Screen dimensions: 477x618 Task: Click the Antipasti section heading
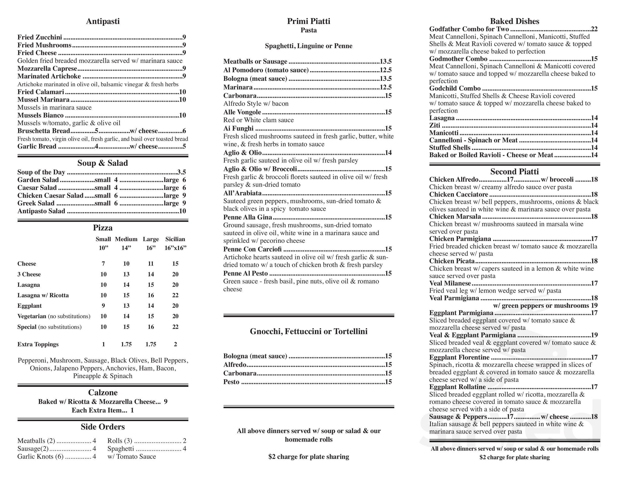pos(103,21)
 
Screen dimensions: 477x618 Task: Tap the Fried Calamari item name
pos(41,92)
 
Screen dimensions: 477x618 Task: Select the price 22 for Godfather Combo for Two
pos(594,29)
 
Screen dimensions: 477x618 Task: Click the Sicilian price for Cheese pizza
pos(175,264)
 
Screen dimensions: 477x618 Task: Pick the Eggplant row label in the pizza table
pos(29,306)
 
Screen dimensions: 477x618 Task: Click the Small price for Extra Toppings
pos(103,344)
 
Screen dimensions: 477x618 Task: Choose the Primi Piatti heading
pos(309,21)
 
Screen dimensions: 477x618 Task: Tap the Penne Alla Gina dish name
pos(248,217)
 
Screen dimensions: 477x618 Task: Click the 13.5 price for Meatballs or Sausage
pos(385,61)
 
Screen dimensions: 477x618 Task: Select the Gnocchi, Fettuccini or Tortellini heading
pos(309,332)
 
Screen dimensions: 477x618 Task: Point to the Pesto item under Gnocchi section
pos(231,382)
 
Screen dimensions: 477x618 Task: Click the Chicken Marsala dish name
pos(455,217)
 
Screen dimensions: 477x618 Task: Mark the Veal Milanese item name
pos(450,283)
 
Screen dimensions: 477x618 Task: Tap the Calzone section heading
pos(103,393)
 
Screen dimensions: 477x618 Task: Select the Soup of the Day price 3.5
pos(181,172)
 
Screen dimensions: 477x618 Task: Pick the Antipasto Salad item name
pos(41,211)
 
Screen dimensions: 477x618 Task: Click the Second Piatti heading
pos(514,172)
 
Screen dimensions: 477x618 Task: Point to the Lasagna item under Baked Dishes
pos(442,118)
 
